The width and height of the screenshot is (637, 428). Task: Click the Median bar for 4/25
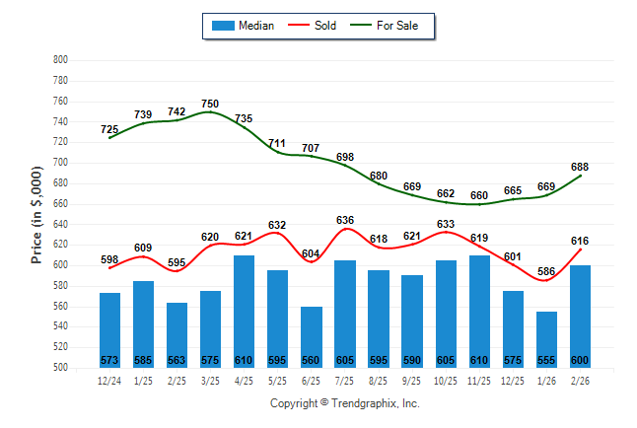pyautogui.click(x=244, y=311)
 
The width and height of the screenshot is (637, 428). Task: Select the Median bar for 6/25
pyautogui.click(x=311, y=336)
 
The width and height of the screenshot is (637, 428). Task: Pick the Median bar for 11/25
pyautogui.click(x=478, y=311)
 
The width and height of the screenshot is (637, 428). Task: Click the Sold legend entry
pyautogui.click(x=324, y=26)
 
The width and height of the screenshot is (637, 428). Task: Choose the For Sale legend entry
pyautogui.click(x=397, y=26)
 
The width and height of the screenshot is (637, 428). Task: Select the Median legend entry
pyautogui.click(x=255, y=26)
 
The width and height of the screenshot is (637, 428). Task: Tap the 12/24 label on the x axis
pyautogui.click(x=109, y=381)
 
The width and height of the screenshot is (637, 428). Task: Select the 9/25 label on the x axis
pyautogui.click(x=411, y=381)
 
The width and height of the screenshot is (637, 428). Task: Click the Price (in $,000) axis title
pyautogui.click(x=36, y=214)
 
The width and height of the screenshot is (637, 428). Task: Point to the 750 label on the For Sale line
pyautogui.click(x=210, y=104)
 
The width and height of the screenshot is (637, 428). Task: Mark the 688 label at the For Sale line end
pyautogui.click(x=579, y=166)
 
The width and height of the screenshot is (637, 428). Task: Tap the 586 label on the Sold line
pyautogui.click(x=545, y=271)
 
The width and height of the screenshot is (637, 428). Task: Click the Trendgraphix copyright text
pyautogui.click(x=345, y=403)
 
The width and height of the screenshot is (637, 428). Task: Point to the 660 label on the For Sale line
pyautogui.click(x=478, y=195)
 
